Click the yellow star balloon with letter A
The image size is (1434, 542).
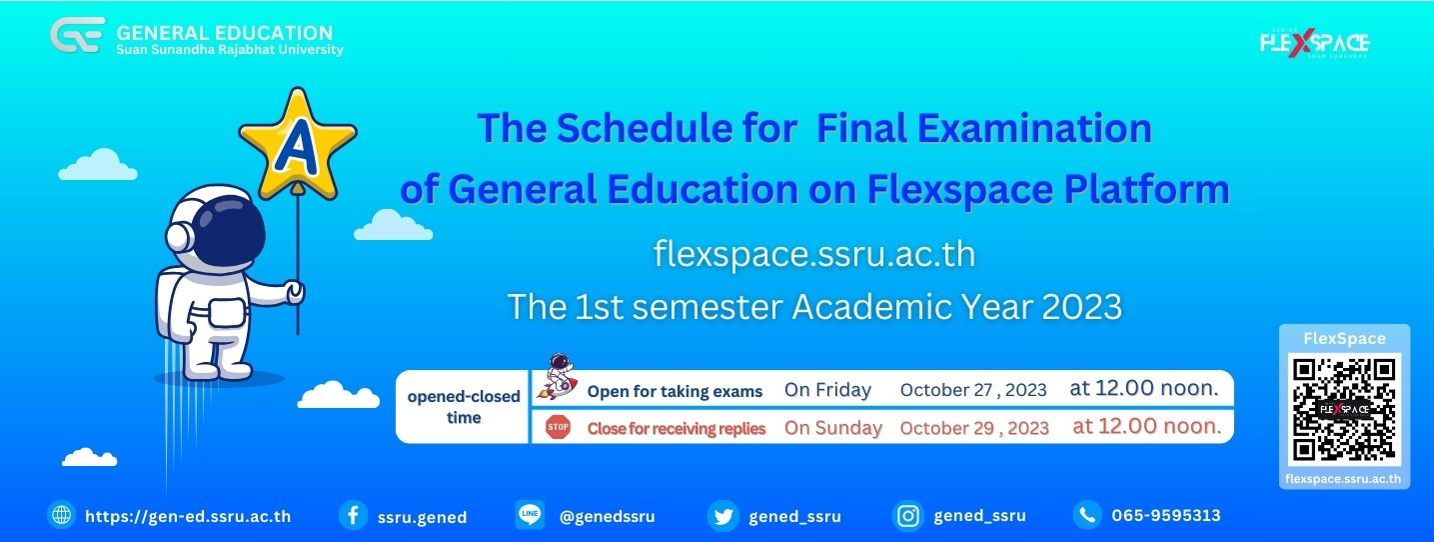tap(298, 144)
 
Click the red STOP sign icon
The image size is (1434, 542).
tap(558, 427)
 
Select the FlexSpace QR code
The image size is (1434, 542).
tap(1344, 409)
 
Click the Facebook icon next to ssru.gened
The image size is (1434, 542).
tap(353, 515)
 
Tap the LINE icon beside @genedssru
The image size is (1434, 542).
tap(530, 514)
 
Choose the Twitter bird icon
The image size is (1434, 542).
tap(722, 516)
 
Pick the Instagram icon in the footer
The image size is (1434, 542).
tap(907, 516)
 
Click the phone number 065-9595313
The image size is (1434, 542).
tap(1166, 516)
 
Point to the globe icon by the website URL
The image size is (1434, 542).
tap(62, 515)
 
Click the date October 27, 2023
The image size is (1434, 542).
tap(973, 390)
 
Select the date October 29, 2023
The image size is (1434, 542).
tap(974, 427)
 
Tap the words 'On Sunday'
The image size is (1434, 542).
tap(833, 427)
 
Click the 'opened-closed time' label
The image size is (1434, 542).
tap(464, 407)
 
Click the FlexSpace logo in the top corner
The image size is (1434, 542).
tap(1314, 43)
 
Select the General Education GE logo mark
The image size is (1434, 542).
tap(78, 35)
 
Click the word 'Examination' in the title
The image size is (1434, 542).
tap(1034, 128)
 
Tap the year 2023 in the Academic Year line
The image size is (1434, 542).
tap(1082, 307)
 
